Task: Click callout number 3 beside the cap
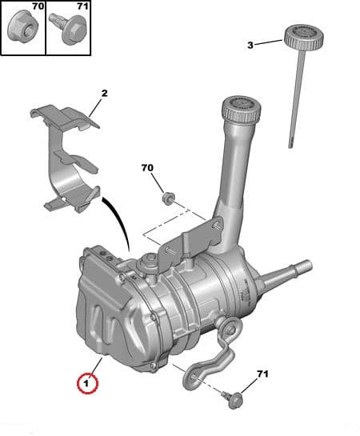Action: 250,45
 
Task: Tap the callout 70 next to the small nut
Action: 146,169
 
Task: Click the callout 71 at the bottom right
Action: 263,374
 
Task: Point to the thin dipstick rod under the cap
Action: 294,96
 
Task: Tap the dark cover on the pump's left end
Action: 104,304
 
